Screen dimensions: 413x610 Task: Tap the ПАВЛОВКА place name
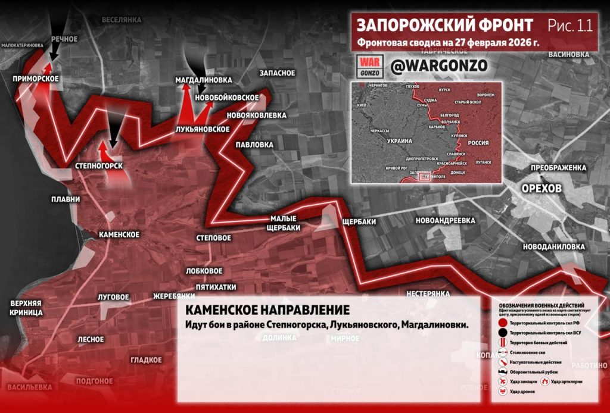254,145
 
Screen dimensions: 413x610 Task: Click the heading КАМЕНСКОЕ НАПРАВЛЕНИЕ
267,310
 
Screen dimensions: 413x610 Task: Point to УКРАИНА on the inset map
399,141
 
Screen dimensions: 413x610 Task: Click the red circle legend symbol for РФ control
503,322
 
